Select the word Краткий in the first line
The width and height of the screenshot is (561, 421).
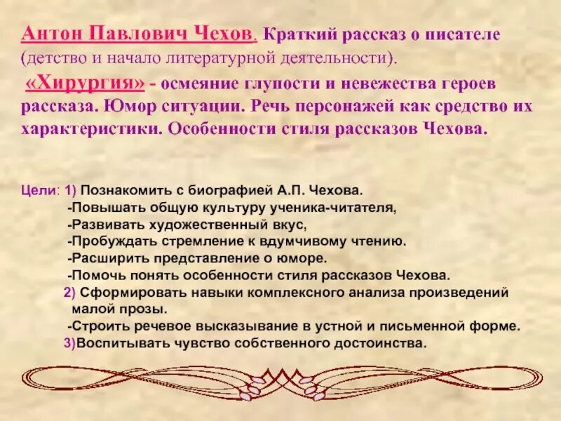click(297, 34)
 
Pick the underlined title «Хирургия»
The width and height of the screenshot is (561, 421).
click(85, 84)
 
